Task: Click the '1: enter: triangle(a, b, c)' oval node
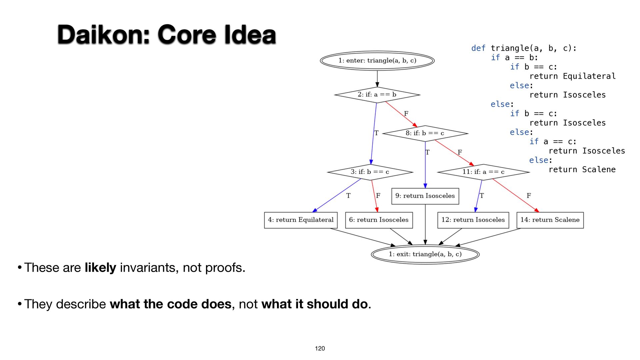377,61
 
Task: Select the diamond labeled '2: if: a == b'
377,95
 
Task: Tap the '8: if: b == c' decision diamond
425,133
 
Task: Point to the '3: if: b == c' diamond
370,172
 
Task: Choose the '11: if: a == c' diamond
483,172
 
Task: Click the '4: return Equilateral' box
301,220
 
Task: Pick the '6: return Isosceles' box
379,220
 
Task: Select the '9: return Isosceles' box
425,196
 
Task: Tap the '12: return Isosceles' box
473,220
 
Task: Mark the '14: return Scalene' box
550,220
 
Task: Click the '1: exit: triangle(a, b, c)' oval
425,254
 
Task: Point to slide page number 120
320,348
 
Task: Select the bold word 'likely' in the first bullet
100,268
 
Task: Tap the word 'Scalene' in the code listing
599,169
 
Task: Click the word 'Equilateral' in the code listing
589,76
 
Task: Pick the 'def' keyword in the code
478,48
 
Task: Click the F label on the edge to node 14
529,196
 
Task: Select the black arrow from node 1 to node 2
377,79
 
